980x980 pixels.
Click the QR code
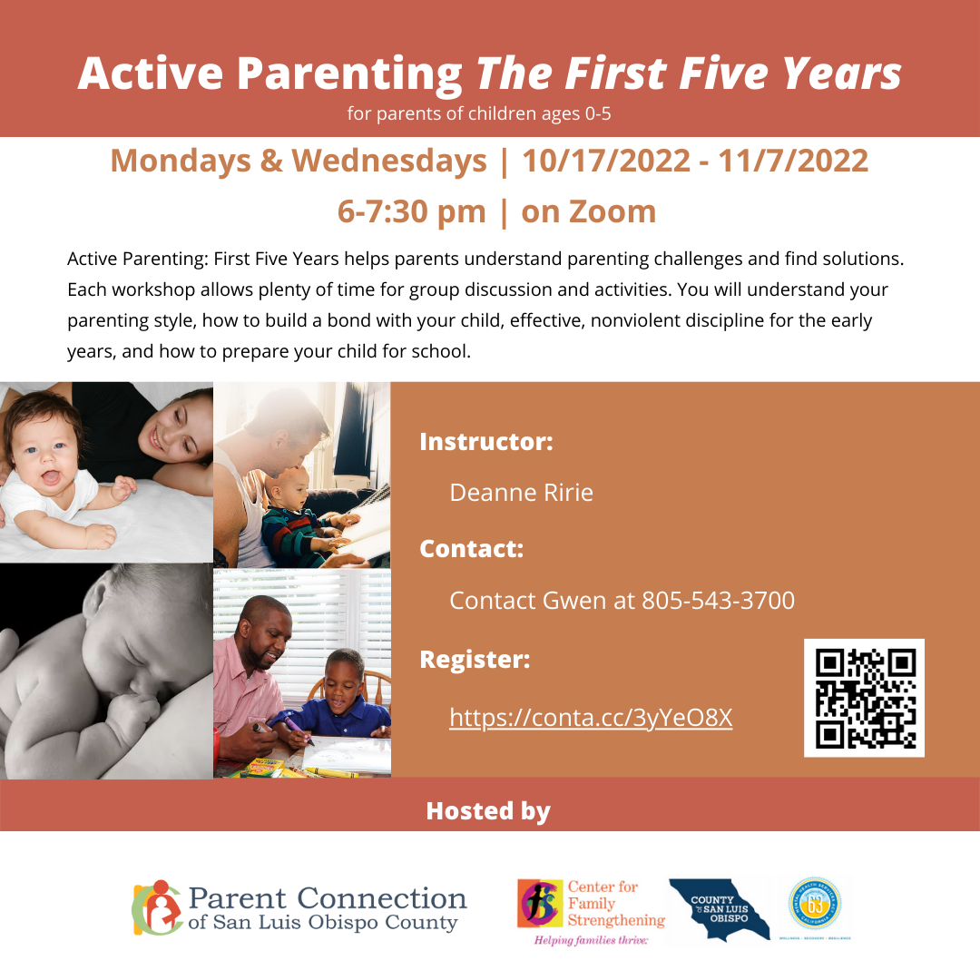pos(864,698)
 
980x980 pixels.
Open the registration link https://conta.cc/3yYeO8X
pos(591,718)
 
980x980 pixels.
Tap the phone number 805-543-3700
pos(718,600)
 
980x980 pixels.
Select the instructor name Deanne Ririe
pos(521,493)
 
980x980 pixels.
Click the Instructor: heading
pos(485,442)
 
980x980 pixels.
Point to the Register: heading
pos(475,660)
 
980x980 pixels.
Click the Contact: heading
pos(471,549)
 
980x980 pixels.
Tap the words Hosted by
pos(488,810)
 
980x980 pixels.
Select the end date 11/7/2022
pos(793,162)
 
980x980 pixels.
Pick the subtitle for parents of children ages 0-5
pos(484,114)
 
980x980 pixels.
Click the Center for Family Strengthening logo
pos(591,910)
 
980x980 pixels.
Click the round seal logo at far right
pos(815,905)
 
